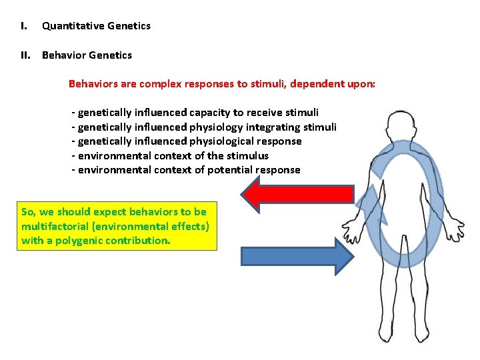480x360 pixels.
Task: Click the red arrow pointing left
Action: (297, 193)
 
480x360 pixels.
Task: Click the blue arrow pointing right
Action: (297, 257)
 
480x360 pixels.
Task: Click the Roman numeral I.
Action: (23, 26)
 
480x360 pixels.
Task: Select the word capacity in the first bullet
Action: (209, 113)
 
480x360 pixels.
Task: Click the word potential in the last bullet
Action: (232, 170)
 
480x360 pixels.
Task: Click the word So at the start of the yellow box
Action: (28, 212)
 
